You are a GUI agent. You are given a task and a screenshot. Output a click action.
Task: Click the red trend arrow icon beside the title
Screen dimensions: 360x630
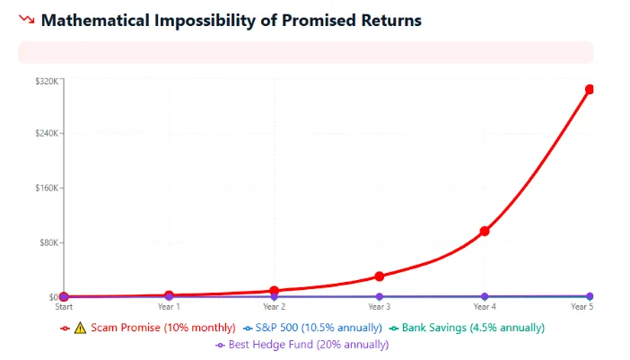(27, 20)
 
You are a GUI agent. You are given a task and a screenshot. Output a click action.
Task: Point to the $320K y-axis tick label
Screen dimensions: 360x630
(47, 81)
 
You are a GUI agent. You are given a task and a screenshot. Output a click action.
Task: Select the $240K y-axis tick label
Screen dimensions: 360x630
(47, 133)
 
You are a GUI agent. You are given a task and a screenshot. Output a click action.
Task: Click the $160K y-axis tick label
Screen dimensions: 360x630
(47, 188)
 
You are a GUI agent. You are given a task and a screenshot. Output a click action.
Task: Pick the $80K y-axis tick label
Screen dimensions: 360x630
(48, 242)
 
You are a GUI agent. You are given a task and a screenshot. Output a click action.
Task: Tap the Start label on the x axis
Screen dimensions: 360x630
(64, 307)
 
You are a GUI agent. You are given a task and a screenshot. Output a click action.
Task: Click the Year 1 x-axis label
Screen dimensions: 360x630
(169, 307)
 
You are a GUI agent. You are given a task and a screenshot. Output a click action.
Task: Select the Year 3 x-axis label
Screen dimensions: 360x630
(379, 307)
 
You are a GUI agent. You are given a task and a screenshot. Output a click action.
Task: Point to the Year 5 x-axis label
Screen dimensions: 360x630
(582, 307)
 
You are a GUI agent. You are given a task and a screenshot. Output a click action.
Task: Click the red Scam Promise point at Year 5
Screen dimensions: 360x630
(590, 89)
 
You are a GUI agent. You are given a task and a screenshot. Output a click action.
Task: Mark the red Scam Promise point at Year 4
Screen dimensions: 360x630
(485, 231)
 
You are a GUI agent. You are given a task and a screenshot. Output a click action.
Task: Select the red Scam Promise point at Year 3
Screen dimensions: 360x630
(380, 277)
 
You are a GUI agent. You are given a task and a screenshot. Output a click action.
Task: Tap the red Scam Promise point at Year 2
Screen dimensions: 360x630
(275, 291)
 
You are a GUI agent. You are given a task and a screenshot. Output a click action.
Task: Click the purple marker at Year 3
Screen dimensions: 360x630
(380, 296)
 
